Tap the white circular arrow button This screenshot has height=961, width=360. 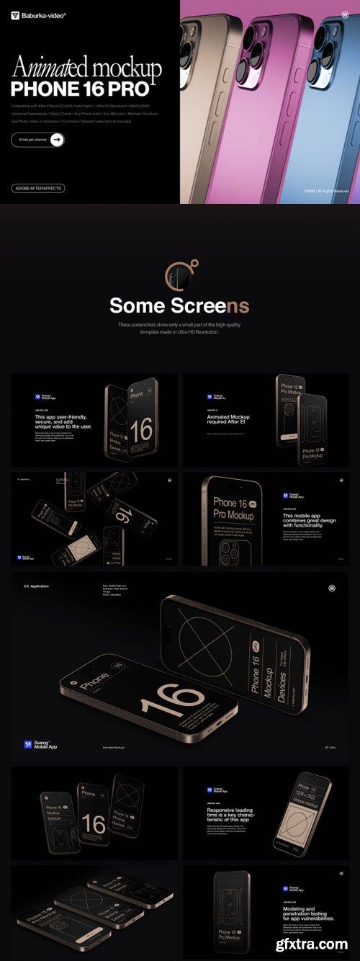(x=57, y=140)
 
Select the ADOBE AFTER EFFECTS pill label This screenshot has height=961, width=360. (x=38, y=188)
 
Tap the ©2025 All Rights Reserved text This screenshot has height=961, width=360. (x=325, y=191)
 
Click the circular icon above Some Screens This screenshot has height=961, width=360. (x=179, y=274)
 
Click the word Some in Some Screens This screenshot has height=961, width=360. (x=136, y=305)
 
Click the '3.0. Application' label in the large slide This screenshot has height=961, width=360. (x=36, y=586)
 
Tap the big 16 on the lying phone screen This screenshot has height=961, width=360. (x=172, y=699)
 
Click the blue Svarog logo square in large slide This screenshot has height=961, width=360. (x=28, y=744)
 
